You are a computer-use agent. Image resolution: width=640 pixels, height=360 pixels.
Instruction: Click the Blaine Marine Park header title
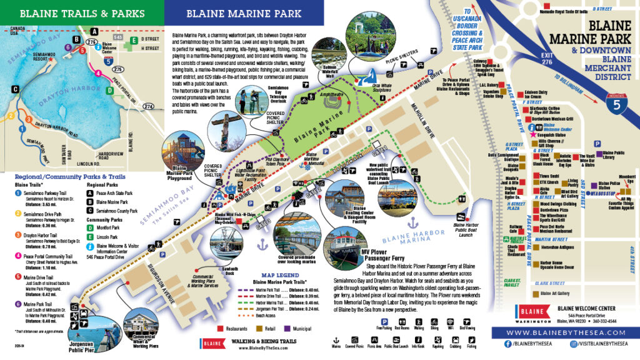click(x=244, y=12)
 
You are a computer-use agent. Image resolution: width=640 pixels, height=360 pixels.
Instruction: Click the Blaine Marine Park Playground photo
click(x=185, y=149)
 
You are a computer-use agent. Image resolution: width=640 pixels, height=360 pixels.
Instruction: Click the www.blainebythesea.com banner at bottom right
click(x=564, y=332)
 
